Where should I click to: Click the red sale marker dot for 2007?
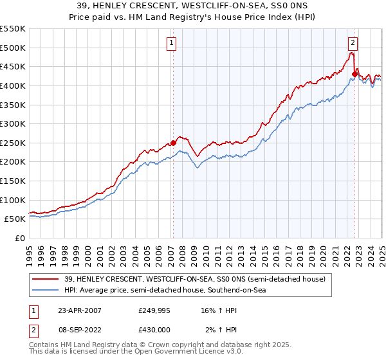pyautogui.click(x=173, y=143)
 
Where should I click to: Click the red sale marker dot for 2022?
pyautogui.click(x=354, y=75)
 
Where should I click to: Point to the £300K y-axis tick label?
pyautogui.click(x=13, y=123)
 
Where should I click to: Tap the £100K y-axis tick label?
pyautogui.click(x=13, y=200)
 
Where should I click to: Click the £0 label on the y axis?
pyautogui.click(x=19, y=238)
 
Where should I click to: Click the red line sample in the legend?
pyautogui.click(x=45, y=279)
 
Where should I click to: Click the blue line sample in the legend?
pyautogui.click(x=45, y=291)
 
